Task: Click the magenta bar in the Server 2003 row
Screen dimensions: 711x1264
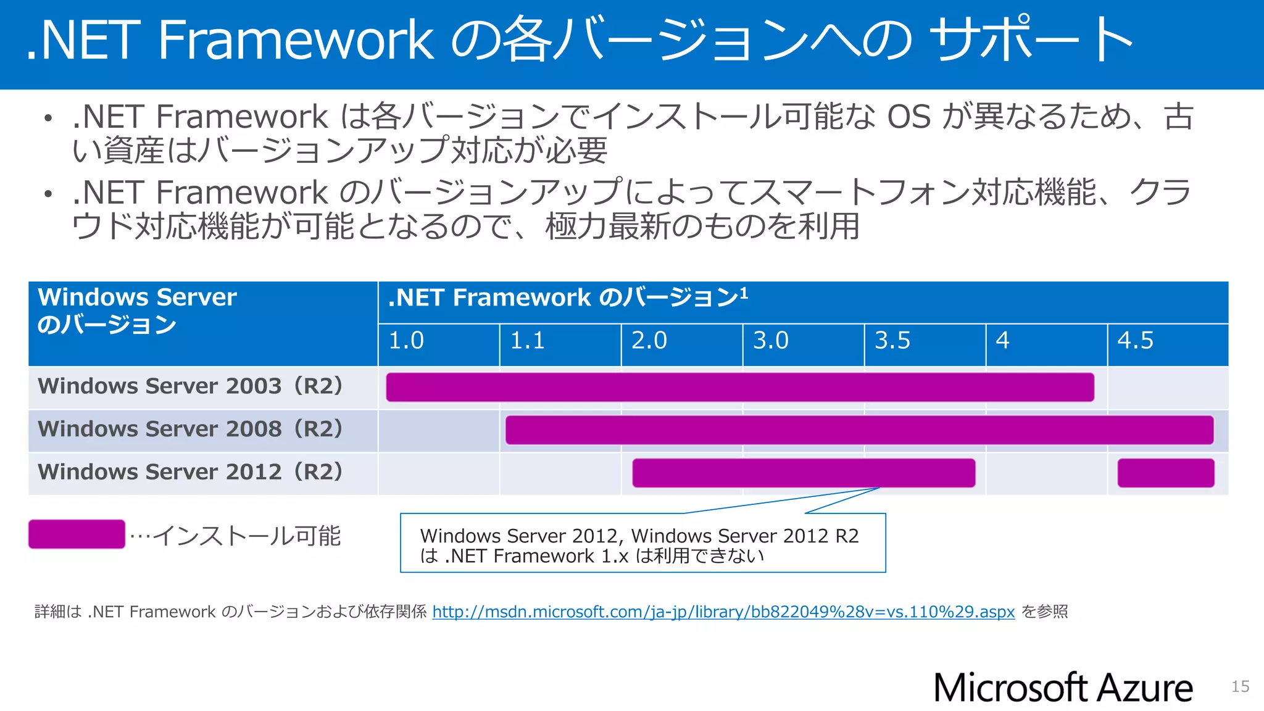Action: (739, 388)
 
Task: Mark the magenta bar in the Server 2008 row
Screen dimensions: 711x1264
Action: (859, 430)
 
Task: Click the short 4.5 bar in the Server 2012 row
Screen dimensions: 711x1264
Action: (1166, 473)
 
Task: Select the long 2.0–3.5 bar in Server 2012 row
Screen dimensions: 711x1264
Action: (804, 473)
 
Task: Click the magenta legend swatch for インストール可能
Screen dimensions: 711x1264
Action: (77, 534)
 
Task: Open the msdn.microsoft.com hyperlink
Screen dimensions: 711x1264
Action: (723, 612)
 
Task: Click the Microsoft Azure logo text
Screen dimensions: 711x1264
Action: (1063, 688)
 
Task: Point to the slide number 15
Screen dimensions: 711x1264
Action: (1240, 687)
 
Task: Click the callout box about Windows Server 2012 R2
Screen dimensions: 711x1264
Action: (642, 544)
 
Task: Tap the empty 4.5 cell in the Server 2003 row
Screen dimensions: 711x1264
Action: (1168, 388)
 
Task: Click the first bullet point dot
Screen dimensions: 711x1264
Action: (48, 118)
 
